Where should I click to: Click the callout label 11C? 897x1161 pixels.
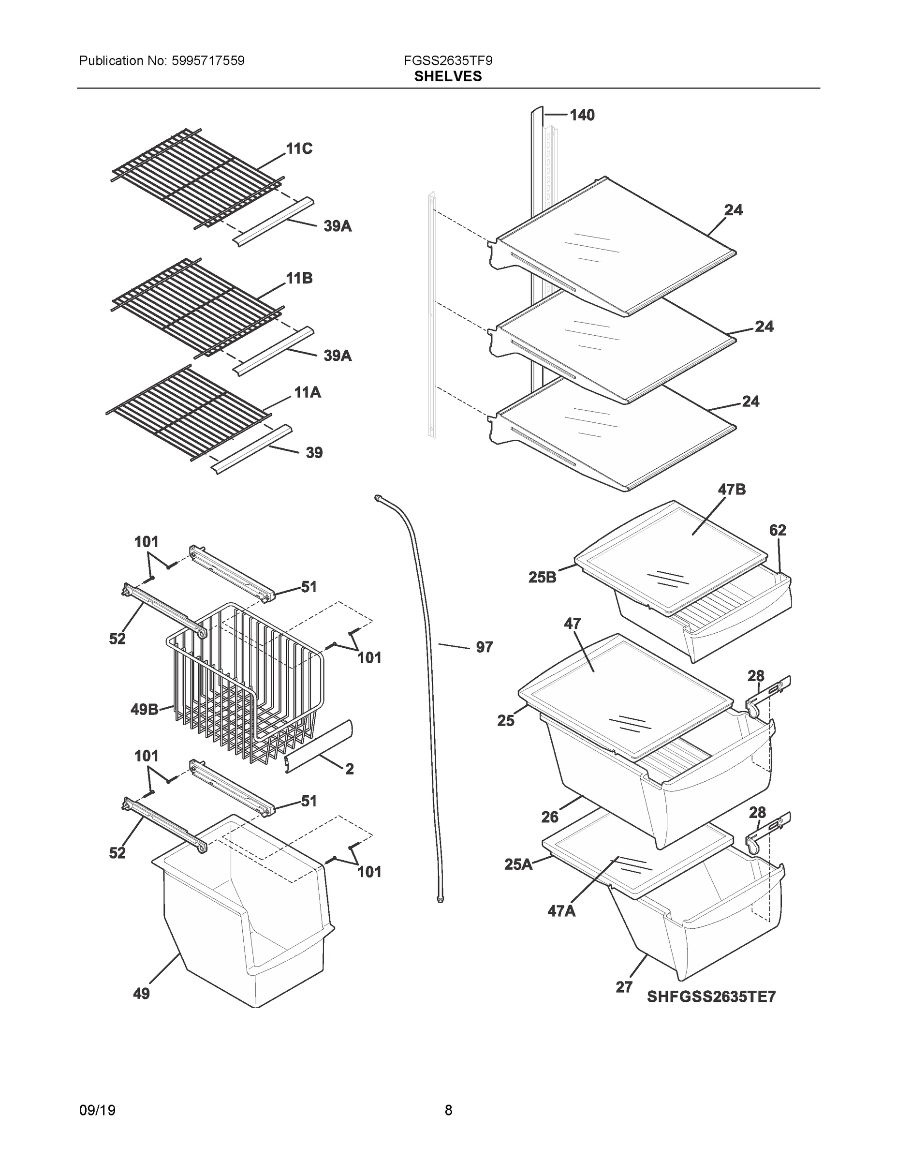(x=299, y=149)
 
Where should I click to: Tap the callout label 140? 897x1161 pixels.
(x=582, y=115)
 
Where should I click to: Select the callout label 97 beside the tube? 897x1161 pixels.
(x=484, y=647)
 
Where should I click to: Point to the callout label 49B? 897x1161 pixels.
(x=144, y=709)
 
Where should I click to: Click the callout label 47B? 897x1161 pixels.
(x=731, y=490)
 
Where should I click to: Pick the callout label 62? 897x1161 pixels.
(x=778, y=530)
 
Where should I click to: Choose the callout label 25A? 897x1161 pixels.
(x=518, y=864)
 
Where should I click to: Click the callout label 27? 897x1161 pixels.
(x=624, y=987)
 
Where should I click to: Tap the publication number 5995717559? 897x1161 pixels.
(x=208, y=60)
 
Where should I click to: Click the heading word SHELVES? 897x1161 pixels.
(x=448, y=76)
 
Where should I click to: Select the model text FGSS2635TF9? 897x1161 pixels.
(x=448, y=60)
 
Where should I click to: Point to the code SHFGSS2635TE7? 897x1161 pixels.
(x=711, y=996)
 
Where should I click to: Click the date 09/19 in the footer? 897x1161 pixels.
(x=97, y=1110)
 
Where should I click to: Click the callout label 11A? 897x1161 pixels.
(x=308, y=393)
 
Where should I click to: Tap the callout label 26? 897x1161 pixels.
(x=549, y=817)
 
